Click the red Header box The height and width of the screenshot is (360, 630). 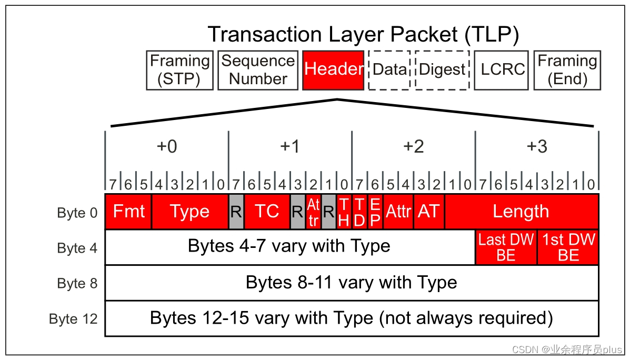(333, 70)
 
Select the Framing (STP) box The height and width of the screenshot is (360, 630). (180, 70)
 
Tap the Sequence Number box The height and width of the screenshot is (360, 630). (257, 70)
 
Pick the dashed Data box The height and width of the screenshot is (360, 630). (390, 70)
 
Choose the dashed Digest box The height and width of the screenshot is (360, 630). (442, 70)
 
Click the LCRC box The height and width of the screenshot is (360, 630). (503, 70)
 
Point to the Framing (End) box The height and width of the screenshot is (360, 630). (567, 70)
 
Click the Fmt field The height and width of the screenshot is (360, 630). (128, 212)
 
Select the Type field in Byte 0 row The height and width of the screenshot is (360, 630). (189, 212)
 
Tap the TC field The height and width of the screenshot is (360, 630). (267, 212)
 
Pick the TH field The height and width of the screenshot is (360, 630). (344, 212)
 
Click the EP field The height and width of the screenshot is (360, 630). (375, 212)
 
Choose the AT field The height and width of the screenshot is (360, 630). (429, 212)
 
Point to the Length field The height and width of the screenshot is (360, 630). (521, 212)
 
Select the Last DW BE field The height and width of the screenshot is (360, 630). (506, 247)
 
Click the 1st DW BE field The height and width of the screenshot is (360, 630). (568, 247)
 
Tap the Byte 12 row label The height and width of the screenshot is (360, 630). (73, 319)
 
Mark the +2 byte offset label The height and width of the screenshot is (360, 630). (413, 147)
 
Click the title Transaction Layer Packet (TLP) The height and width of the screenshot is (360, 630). (363, 35)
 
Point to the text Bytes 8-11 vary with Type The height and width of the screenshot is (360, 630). (351, 283)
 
